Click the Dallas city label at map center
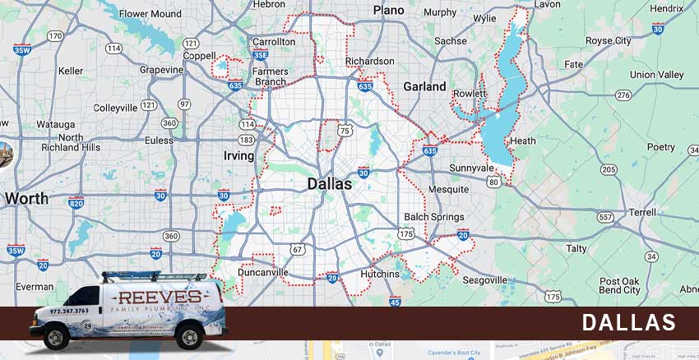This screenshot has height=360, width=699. (x=329, y=184)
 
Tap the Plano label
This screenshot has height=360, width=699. (x=389, y=10)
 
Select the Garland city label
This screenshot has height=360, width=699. (x=424, y=86)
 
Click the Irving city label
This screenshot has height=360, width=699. (x=238, y=155)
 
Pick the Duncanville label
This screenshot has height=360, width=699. (x=262, y=271)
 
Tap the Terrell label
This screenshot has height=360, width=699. (x=642, y=211)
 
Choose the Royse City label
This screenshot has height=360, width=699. (x=609, y=40)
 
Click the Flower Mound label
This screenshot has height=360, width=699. (x=151, y=14)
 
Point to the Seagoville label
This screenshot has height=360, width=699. (x=484, y=279)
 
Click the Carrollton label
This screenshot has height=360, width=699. (x=274, y=41)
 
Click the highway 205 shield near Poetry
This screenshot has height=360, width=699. (x=609, y=169)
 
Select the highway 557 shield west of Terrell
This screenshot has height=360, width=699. (x=605, y=217)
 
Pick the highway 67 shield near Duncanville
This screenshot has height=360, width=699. (x=298, y=249)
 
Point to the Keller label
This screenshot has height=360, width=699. (x=71, y=71)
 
